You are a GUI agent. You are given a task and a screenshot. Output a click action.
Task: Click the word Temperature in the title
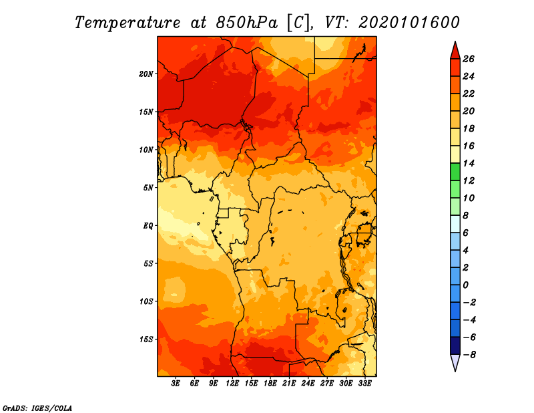pyautogui.click(x=127, y=23)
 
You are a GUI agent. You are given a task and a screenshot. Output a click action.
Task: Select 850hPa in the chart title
pyautogui.click(x=247, y=23)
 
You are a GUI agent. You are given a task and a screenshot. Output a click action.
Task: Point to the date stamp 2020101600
pyautogui.click(x=409, y=23)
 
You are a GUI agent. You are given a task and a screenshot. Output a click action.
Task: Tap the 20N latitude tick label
pyautogui.click(x=146, y=74)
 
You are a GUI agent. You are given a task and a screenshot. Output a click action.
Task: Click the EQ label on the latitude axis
pyautogui.click(x=148, y=226)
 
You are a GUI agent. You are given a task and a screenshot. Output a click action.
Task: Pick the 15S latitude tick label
pyautogui.click(x=146, y=339)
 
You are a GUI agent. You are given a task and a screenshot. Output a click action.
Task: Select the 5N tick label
pyautogui.click(x=148, y=188)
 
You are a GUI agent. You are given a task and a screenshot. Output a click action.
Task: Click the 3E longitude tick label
pyautogui.click(x=176, y=384)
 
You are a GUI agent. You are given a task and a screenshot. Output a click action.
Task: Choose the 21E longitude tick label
pyautogui.click(x=289, y=384)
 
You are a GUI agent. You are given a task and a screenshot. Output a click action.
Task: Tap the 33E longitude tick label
pyautogui.click(x=364, y=384)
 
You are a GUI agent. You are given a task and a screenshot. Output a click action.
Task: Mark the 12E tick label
pyautogui.click(x=232, y=384)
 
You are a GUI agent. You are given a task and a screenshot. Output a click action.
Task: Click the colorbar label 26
pyautogui.click(x=469, y=59)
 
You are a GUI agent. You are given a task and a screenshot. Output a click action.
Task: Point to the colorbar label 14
pyautogui.click(x=469, y=163)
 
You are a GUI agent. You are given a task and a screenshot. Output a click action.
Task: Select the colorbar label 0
pyautogui.click(x=465, y=285)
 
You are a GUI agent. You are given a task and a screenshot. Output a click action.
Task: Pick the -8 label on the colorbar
pyautogui.click(x=469, y=355)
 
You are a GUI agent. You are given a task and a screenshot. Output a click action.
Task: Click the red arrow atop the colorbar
pyautogui.click(x=455, y=51)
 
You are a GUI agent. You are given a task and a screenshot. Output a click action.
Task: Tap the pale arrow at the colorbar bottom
pyautogui.click(x=455, y=362)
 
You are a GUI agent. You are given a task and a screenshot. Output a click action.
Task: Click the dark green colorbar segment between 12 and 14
pyautogui.click(x=455, y=172)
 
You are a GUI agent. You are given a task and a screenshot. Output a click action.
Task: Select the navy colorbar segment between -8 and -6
pyautogui.click(x=455, y=346)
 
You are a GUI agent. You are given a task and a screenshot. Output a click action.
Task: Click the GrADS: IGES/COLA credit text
pyautogui.click(x=37, y=408)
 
